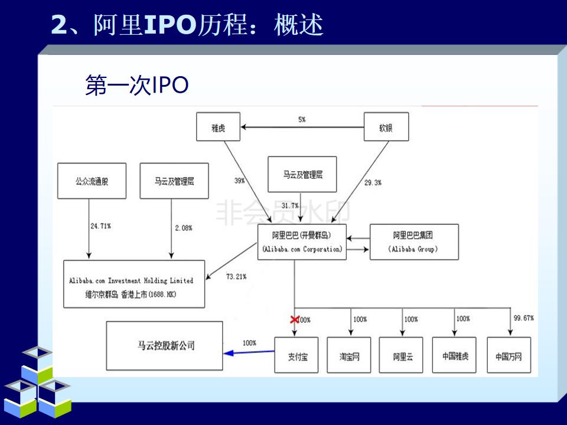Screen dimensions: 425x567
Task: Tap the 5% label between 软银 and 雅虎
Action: point(302,120)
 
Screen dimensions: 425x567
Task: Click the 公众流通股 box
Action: point(92,181)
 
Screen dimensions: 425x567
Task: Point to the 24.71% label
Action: point(100,226)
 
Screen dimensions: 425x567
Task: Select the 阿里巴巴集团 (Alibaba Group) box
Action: point(413,242)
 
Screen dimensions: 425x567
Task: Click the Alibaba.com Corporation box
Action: point(302,242)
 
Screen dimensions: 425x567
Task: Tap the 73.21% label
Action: point(236,276)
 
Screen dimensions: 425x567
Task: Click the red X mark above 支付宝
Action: point(294,319)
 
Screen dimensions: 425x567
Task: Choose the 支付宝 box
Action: point(296,356)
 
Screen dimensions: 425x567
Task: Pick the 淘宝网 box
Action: point(348,356)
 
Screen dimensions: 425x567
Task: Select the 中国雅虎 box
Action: point(455,356)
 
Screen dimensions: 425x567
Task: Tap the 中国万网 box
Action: point(509,356)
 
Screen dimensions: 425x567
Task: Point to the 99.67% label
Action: point(524,318)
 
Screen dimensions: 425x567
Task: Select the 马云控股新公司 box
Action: point(165,346)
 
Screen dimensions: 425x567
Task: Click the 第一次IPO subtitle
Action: point(137,86)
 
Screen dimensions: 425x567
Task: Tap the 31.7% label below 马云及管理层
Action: point(290,205)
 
